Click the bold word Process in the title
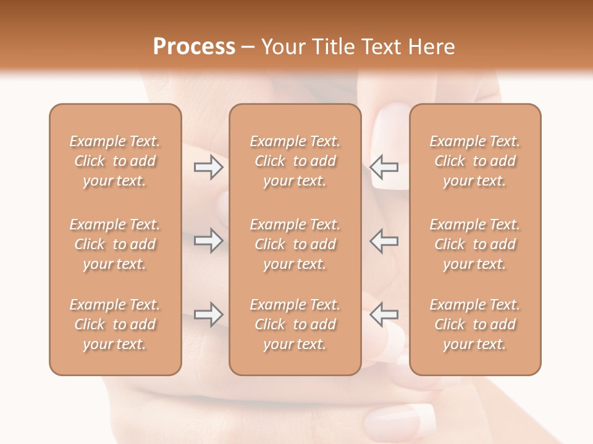point(194,47)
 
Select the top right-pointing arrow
point(208,167)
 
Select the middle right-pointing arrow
point(208,240)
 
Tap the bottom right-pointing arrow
point(208,314)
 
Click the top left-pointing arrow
point(384,167)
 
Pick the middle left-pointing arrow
point(384,240)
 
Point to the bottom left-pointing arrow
point(384,314)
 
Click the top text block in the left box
point(115,161)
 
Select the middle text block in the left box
point(115,244)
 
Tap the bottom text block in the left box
point(115,324)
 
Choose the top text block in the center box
point(295,161)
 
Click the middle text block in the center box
point(295,244)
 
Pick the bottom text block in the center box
point(295,324)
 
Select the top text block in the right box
point(475,161)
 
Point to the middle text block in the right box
point(475,244)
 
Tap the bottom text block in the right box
point(475,324)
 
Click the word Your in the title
point(284,47)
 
